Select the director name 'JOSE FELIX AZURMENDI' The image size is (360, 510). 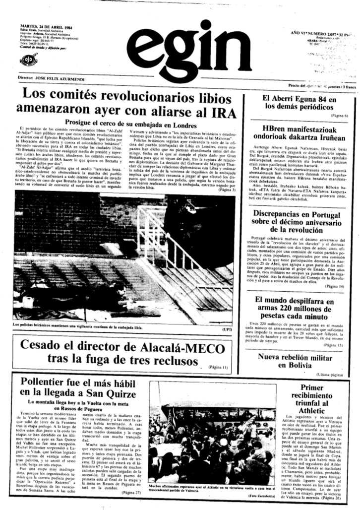[x=64, y=78]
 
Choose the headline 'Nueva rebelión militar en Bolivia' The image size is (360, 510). [x=302, y=360]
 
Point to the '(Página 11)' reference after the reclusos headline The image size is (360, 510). [x=218, y=367]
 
